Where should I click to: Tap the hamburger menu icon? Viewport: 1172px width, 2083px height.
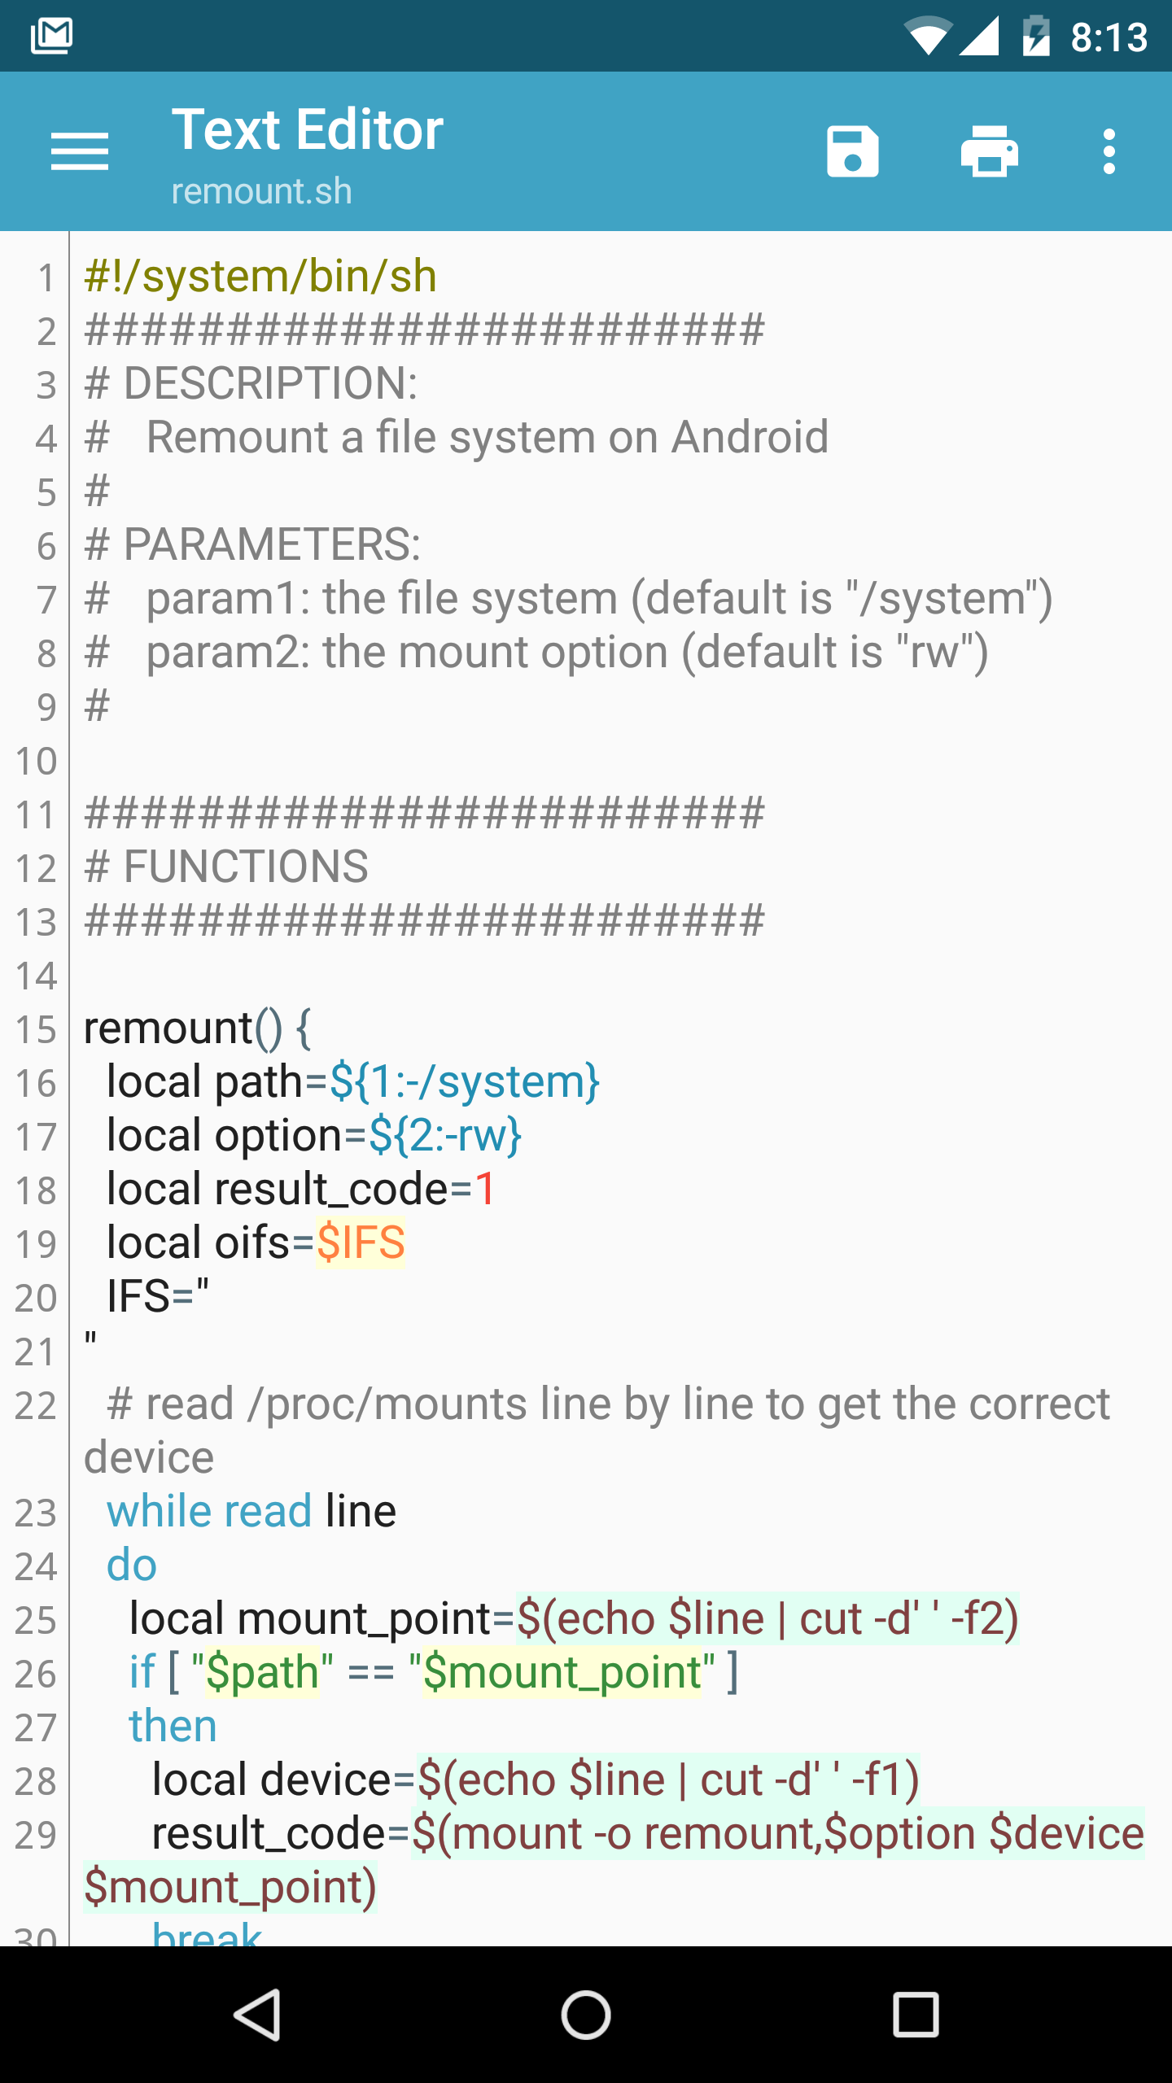coord(79,151)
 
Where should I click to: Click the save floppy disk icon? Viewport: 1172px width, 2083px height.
coord(852,151)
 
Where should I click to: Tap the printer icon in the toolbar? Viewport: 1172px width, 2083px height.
coord(989,151)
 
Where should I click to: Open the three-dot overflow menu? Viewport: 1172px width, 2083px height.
coord(1109,151)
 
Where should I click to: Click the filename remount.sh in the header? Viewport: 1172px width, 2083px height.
coord(261,191)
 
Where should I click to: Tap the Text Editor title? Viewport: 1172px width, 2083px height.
coord(308,130)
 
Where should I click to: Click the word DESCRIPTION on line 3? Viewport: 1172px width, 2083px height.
coord(269,383)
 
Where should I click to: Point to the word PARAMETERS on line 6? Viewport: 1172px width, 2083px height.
coord(271,544)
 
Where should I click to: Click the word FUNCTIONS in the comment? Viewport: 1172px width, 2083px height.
coord(246,867)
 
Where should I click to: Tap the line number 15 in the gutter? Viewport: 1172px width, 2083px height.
coord(36,1029)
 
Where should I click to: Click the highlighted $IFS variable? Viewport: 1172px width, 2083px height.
coord(361,1242)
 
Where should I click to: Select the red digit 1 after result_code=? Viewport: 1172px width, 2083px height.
coord(485,1189)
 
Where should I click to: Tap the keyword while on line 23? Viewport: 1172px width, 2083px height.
coord(160,1511)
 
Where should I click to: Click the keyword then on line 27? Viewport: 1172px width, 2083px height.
coord(173,1726)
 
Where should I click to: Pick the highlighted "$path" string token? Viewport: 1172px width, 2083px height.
coord(262,1672)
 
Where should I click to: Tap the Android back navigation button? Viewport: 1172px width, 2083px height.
coord(257,2015)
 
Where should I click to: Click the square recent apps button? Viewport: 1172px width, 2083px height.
coord(916,2015)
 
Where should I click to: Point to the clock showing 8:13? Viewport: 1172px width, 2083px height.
coord(1109,37)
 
